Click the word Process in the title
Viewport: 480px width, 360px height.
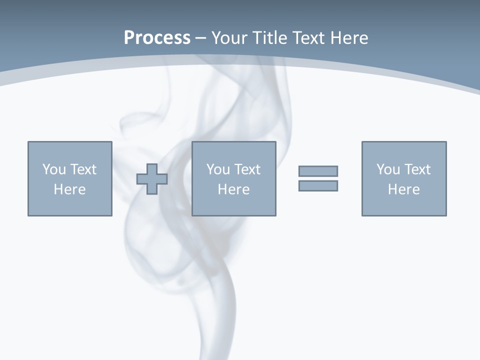click(157, 38)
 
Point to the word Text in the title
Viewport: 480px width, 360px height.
click(309, 38)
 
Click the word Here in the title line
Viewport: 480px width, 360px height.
click(350, 38)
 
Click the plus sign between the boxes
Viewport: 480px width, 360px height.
click(152, 179)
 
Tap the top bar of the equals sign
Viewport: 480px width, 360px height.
click(318, 171)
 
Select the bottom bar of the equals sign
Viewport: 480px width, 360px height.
click(318, 185)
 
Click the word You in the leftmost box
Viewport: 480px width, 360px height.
click(53, 169)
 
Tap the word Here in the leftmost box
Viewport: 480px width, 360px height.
click(69, 189)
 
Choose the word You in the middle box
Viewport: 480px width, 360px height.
click(218, 169)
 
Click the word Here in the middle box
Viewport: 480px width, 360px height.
click(233, 189)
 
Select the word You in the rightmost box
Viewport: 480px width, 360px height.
click(388, 169)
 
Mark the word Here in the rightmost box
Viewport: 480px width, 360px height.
click(403, 189)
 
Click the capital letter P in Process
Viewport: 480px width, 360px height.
click(129, 38)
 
